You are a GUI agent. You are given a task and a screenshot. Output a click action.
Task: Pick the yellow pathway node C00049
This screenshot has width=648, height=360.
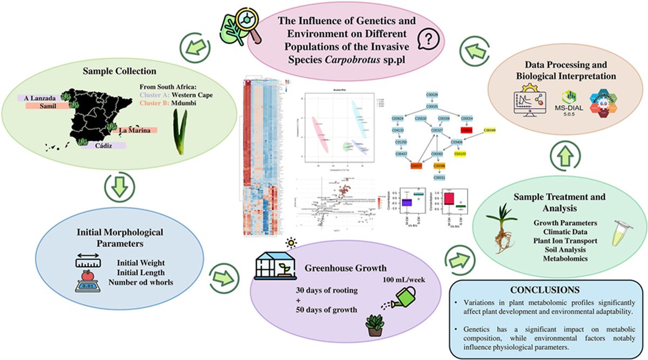pos(489,130)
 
